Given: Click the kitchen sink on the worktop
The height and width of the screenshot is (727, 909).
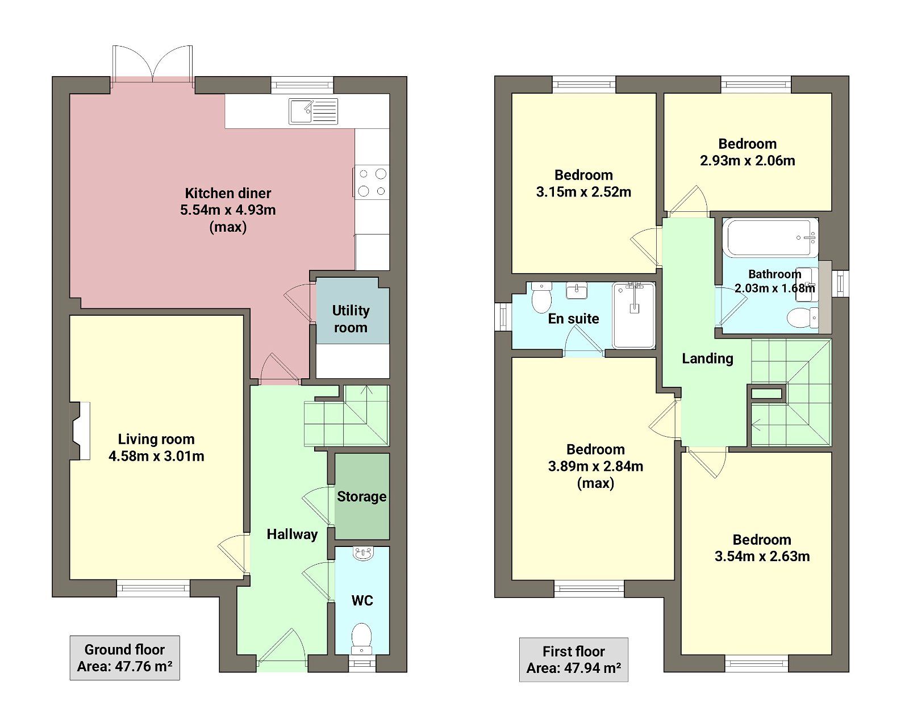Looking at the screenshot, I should coord(313,111).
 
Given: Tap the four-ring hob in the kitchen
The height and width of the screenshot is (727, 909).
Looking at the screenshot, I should coord(372,182).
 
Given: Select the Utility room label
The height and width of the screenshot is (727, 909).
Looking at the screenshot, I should coord(351,319).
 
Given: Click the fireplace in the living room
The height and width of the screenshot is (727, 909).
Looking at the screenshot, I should coord(80,431).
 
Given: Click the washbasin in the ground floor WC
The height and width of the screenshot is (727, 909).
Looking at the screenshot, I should coord(362,553).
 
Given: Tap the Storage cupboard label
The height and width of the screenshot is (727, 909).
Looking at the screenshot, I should coord(361,496).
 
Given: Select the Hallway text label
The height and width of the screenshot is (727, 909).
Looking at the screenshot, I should coord(292,534).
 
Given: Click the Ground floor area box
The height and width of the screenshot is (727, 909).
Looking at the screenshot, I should coord(124,658).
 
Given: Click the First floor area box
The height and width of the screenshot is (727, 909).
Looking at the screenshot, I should coord(573,659).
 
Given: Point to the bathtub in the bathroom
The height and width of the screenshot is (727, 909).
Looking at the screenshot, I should coord(770,237).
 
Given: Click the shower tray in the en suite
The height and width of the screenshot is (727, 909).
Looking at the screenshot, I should coord(633,315).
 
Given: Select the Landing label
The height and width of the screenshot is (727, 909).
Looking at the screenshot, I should coord(707,358).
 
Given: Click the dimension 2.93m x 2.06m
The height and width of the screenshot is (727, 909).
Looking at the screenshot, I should coord(747,161).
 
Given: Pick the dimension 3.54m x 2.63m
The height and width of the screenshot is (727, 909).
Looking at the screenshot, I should coord(762,556).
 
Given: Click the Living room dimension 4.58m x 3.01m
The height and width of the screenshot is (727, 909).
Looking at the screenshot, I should coord(156,456).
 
